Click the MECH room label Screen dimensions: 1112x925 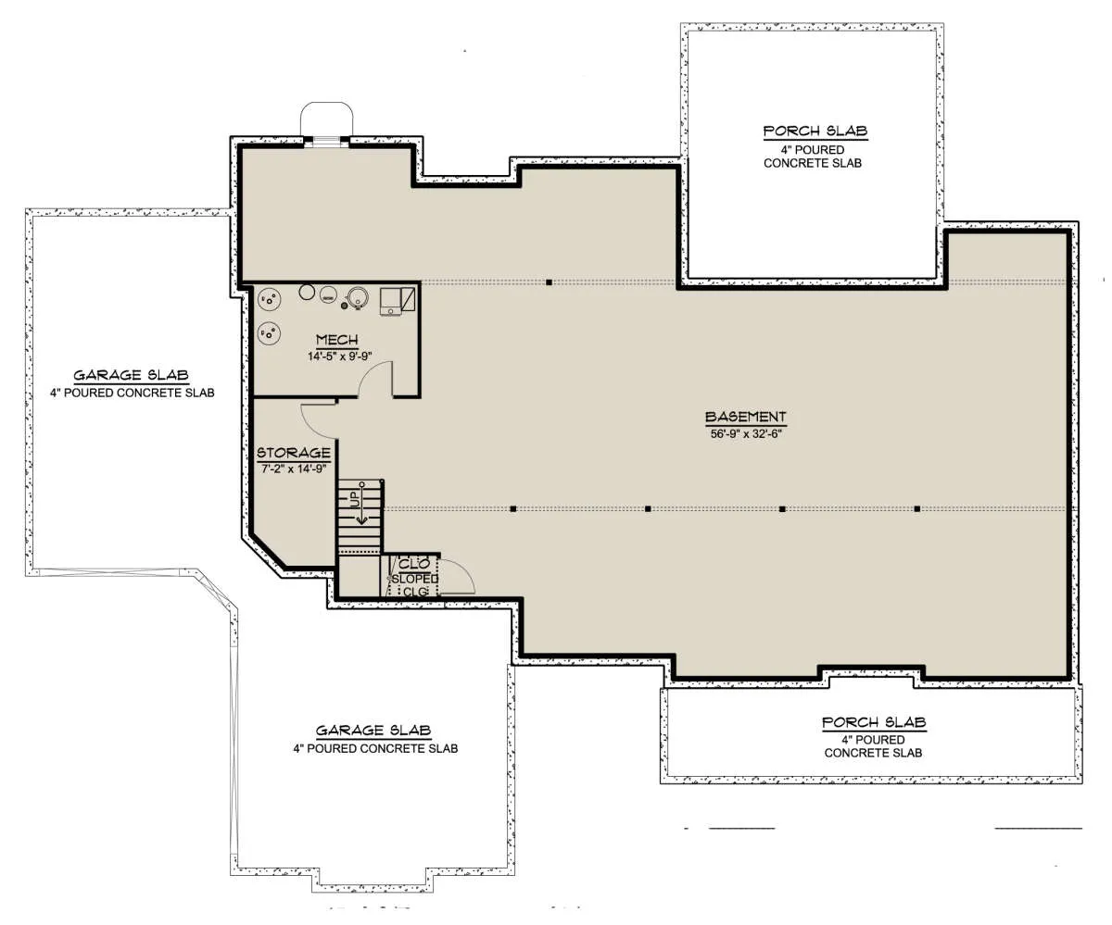coord(336,340)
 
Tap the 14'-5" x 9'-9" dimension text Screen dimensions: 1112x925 coord(339,356)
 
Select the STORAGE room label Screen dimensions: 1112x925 coord(294,453)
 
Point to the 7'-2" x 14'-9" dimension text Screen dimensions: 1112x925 coord(294,469)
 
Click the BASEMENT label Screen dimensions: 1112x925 coord(746,417)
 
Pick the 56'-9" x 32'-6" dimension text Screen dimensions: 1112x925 coord(746,433)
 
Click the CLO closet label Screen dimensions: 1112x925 coord(414,563)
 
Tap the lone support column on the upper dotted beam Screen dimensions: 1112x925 coord(550,282)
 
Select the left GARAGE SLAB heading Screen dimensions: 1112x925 coord(131,375)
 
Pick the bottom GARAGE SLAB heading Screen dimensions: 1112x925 coord(373,731)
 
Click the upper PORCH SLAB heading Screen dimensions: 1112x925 coord(815,131)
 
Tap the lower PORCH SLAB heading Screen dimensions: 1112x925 coord(874,722)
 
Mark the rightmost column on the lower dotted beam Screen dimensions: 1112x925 coord(917,509)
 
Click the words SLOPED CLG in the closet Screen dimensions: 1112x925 coord(415,585)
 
